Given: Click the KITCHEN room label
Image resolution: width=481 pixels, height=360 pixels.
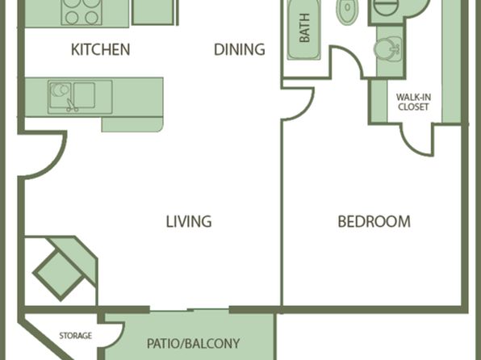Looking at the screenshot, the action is pyautogui.click(x=100, y=50).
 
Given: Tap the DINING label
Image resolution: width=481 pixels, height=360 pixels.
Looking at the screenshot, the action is pyautogui.click(x=239, y=50).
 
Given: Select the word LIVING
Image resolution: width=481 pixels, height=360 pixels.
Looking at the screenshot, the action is pyautogui.click(x=189, y=221).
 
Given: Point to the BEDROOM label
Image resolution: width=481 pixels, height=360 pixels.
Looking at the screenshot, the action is pyautogui.click(x=374, y=221).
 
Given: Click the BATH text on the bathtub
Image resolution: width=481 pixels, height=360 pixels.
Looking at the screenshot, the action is pyautogui.click(x=304, y=27).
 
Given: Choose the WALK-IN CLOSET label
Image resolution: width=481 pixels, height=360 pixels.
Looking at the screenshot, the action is pyautogui.click(x=413, y=103).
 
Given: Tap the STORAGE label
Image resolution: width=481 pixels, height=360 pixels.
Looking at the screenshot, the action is pyautogui.click(x=76, y=336).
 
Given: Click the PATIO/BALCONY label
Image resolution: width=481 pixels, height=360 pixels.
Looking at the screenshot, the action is pyautogui.click(x=193, y=343).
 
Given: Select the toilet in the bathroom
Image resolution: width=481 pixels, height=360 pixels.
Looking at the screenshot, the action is pyautogui.click(x=348, y=10).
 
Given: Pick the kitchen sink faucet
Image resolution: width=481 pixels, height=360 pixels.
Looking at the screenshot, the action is pyautogui.click(x=71, y=106).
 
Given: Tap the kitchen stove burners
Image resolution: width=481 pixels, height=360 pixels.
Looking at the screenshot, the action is pyautogui.click(x=82, y=11).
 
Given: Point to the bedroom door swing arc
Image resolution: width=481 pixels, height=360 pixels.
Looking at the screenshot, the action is pyautogui.click(x=306, y=110).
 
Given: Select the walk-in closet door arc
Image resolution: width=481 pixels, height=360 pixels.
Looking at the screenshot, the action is pyautogui.click(x=412, y=148).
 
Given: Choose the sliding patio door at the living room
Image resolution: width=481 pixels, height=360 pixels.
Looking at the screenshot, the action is pyautogui.click(x=190, y=310).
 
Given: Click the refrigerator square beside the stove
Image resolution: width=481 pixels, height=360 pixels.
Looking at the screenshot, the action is pyautogui.click(x=153, y=12).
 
